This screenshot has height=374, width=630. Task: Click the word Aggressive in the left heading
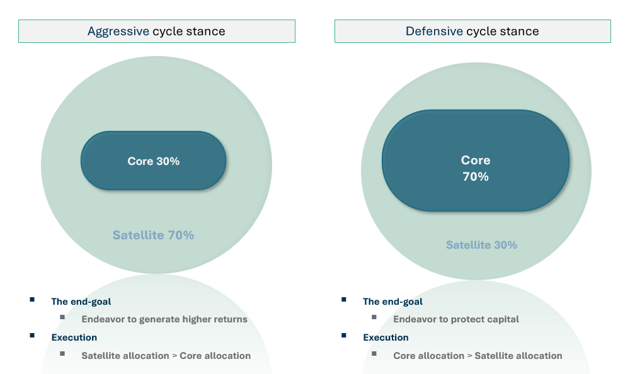pos(118,31)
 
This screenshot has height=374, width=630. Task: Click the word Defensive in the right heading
pos(434,31)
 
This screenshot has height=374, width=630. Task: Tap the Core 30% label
pos(154,161)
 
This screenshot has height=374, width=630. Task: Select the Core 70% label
pos(476,168)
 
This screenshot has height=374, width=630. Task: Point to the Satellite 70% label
pos(153,235)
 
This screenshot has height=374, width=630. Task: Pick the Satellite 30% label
pos(481,245)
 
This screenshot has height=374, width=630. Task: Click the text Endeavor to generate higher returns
pos(164,319)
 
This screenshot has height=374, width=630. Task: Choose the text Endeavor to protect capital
pos(456,319)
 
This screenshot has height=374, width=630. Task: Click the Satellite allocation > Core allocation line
pos(166,356)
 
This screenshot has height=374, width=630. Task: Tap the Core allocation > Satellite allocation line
pos(478,356)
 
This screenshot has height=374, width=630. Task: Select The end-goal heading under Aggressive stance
pos(81,302)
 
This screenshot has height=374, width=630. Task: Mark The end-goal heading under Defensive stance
pos(392,302)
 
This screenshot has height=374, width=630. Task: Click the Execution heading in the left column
pos(74,337)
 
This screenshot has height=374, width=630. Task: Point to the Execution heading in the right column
pos(386,337)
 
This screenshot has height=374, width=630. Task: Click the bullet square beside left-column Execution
pos(32,336)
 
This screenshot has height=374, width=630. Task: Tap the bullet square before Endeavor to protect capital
pos(374,317)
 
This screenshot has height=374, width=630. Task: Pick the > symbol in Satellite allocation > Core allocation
pos(175,356)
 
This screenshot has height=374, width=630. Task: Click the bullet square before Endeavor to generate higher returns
pos(62,317)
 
